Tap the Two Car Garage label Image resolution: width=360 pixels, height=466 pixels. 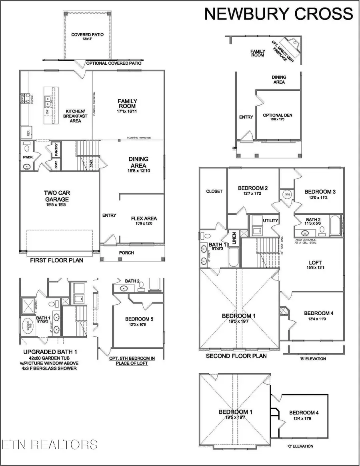click(56, 196)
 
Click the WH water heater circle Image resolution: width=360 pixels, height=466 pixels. click(287, 194)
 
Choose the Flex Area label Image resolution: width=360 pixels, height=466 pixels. click(144, 221)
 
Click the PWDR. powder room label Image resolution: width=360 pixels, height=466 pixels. click(26, 152)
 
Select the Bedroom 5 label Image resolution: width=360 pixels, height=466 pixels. click(138, 322)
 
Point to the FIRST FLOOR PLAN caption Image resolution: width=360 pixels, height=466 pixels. click(57, 260)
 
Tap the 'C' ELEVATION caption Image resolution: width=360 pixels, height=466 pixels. click(300, 446)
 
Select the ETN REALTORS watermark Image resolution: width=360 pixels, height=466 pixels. click(50, 444)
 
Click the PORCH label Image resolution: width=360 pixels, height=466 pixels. click(126, 253)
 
